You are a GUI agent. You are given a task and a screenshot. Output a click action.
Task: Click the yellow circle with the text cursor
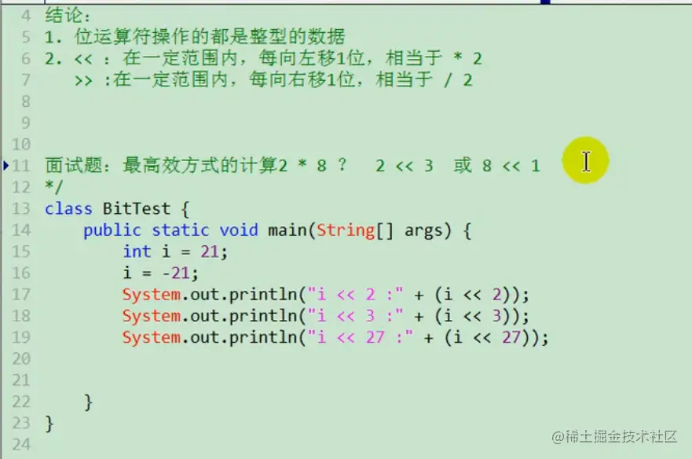pos(586,160)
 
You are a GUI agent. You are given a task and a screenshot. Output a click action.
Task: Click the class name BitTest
pos(137,208)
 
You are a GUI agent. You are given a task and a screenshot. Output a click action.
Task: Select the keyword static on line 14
pos(181,230)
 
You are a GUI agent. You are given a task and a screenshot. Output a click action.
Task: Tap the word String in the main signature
pos(346,230)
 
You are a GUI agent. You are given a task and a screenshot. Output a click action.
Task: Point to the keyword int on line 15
pos(137,252)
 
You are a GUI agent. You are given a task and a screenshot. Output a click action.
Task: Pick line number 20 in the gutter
pos(21,358)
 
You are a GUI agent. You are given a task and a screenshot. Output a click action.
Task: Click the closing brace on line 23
pos(49,424)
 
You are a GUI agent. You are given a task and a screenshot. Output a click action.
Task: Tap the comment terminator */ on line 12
pos(54,187)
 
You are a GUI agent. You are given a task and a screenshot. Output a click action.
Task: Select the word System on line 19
pos(152,338)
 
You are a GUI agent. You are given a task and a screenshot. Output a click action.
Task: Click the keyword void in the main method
pos(239,230)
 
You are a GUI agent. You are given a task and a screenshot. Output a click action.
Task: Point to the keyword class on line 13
pos(68,208)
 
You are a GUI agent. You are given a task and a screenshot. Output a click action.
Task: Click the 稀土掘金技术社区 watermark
pos(614,436)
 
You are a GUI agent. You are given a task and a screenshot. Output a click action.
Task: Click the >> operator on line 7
pos(83,81)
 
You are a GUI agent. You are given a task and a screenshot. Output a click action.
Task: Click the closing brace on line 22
pos(88,402)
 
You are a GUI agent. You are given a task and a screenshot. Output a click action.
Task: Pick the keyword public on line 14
pos(112,230)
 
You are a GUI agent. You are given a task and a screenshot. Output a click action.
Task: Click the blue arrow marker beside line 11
pos(5,166)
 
